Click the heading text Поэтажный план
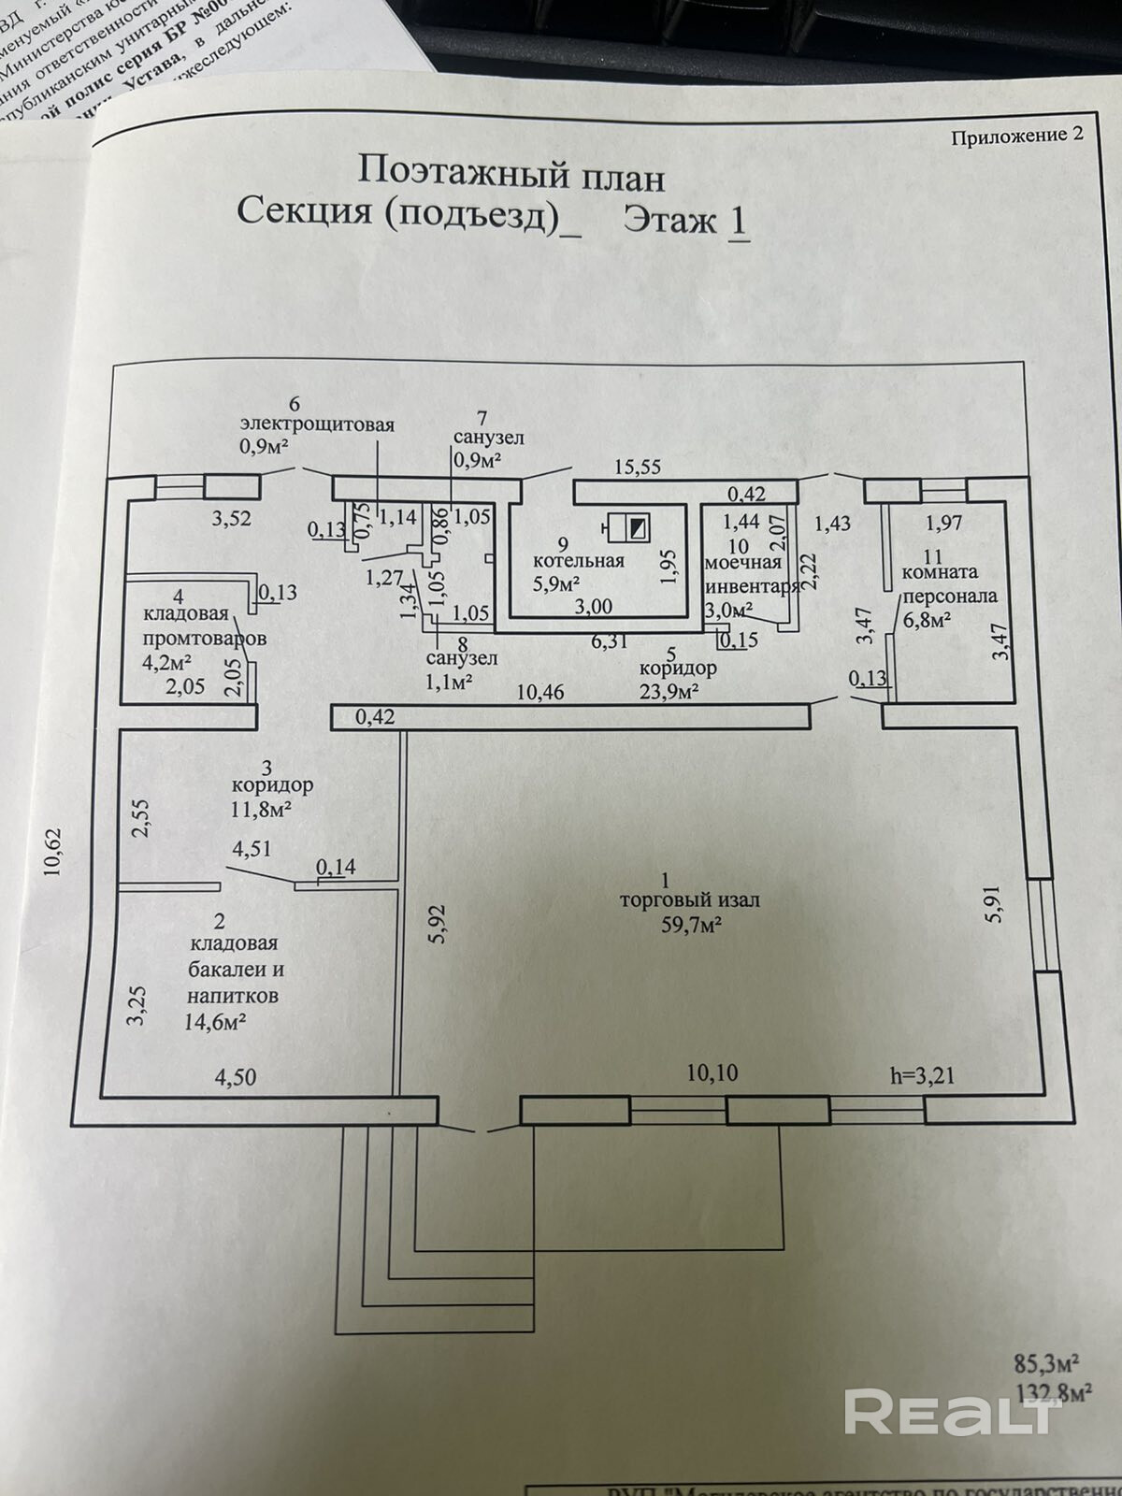[x=511, y=175]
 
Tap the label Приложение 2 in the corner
[x=1016, y=136]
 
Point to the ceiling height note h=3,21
[x=922, y=1075]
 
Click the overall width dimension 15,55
[x=638, y=467]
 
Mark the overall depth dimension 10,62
[x=52, y=852]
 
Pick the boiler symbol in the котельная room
[x=627, y=529]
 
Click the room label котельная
[x=578, y=561]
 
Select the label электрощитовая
[x=317, y=424]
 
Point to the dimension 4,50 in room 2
[x=236, y=1077]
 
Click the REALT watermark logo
[x=951, y=1412]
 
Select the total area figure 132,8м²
[x=1054, y=1393]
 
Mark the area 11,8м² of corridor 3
[x=260, y=809]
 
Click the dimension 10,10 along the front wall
[x=712, y=1072]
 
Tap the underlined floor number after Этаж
[x=739, y=222]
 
